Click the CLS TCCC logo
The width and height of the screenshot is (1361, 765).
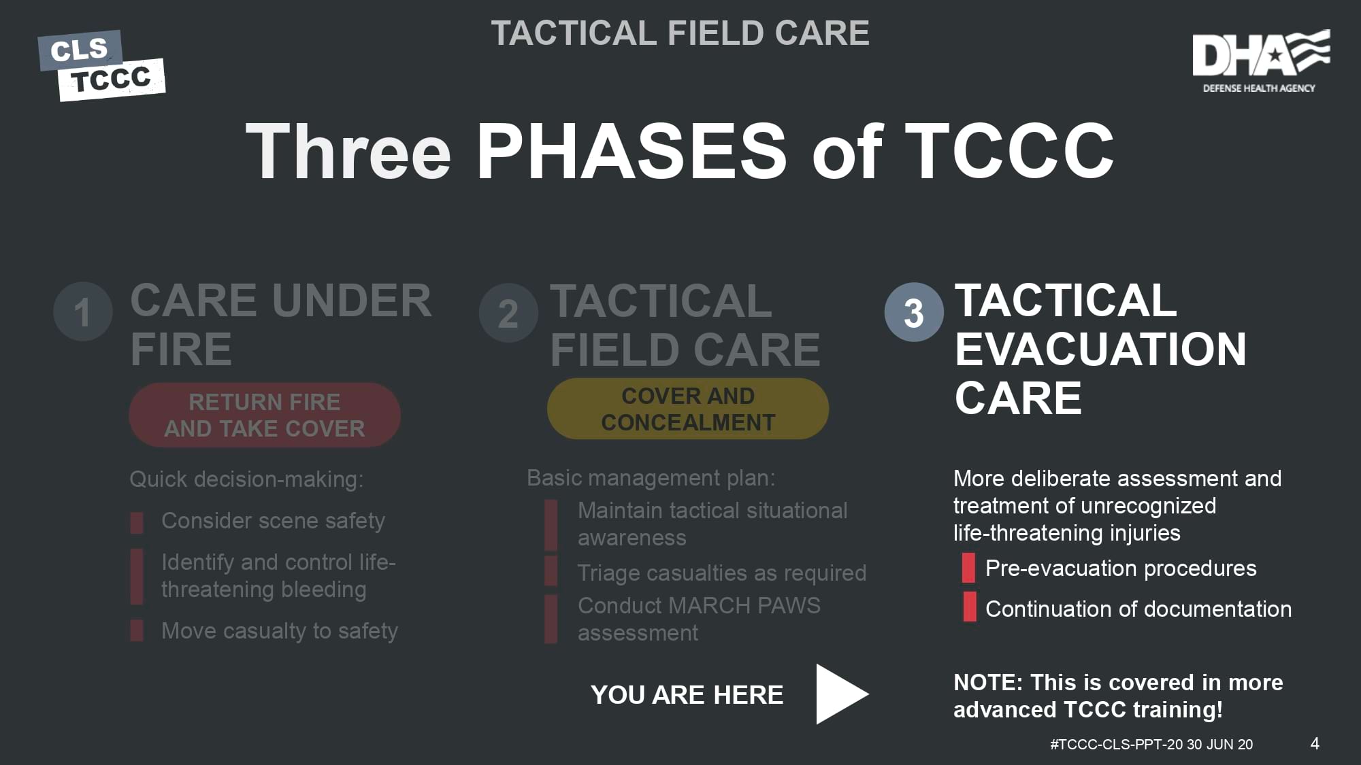pyautogui.click(x=101, y=65)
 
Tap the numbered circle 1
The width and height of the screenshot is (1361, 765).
pyautogui.click(x=83, y=312)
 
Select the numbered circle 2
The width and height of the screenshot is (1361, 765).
pyautogui.click(x=508, y=313)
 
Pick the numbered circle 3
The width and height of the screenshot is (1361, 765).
pyautogui.click(x=914, y=312)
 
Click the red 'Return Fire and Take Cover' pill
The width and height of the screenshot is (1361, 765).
pyautogui.click(x=265, y=415)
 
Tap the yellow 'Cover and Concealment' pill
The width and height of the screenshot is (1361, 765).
pyautogui.click(x=688, y=409)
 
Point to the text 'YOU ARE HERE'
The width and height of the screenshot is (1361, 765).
pyautogui.click(x=687, y=695)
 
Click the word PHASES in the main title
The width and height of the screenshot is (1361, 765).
pyautogui.click(x=632, y=151)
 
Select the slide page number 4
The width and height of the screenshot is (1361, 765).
pyautogui.click(x=1315, y=743)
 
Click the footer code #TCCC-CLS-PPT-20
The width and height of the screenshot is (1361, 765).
pyautogui.click(x=1116, y=745)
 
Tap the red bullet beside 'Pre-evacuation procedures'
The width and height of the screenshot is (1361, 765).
pyautogui.click(x=968, y=568)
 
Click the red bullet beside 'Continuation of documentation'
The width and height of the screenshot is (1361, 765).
pyautogui.click(x=969, y=607)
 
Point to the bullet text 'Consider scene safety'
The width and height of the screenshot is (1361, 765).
pyautogui.click(x=273, y=521)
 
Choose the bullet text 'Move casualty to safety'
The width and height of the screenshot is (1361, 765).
pyautogui.click(x=280, y=631)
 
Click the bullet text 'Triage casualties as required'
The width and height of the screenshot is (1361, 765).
pyautogui.click(x=722, y=573)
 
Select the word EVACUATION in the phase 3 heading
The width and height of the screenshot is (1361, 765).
pyautogui.click(x=1100, y=350)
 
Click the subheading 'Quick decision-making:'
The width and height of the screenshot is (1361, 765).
pyautogui.click(x=246, y=479)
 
